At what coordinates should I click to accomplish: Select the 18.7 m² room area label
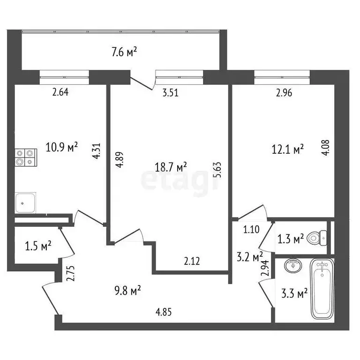point(172,166)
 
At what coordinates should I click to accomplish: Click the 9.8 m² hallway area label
point(128,292)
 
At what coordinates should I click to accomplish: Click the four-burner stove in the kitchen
point(26,157)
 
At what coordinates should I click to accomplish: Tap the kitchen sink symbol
point(26,203)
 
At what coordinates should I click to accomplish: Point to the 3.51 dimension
point(170,93)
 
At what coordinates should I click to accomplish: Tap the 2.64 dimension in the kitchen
point(60,92)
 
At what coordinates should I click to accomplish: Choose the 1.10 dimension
point(251,230)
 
